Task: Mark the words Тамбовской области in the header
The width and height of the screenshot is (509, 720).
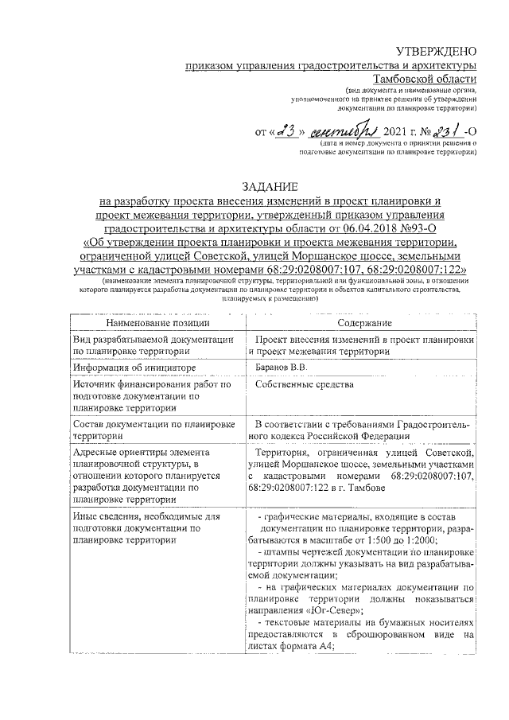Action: (x=426, y=79)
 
